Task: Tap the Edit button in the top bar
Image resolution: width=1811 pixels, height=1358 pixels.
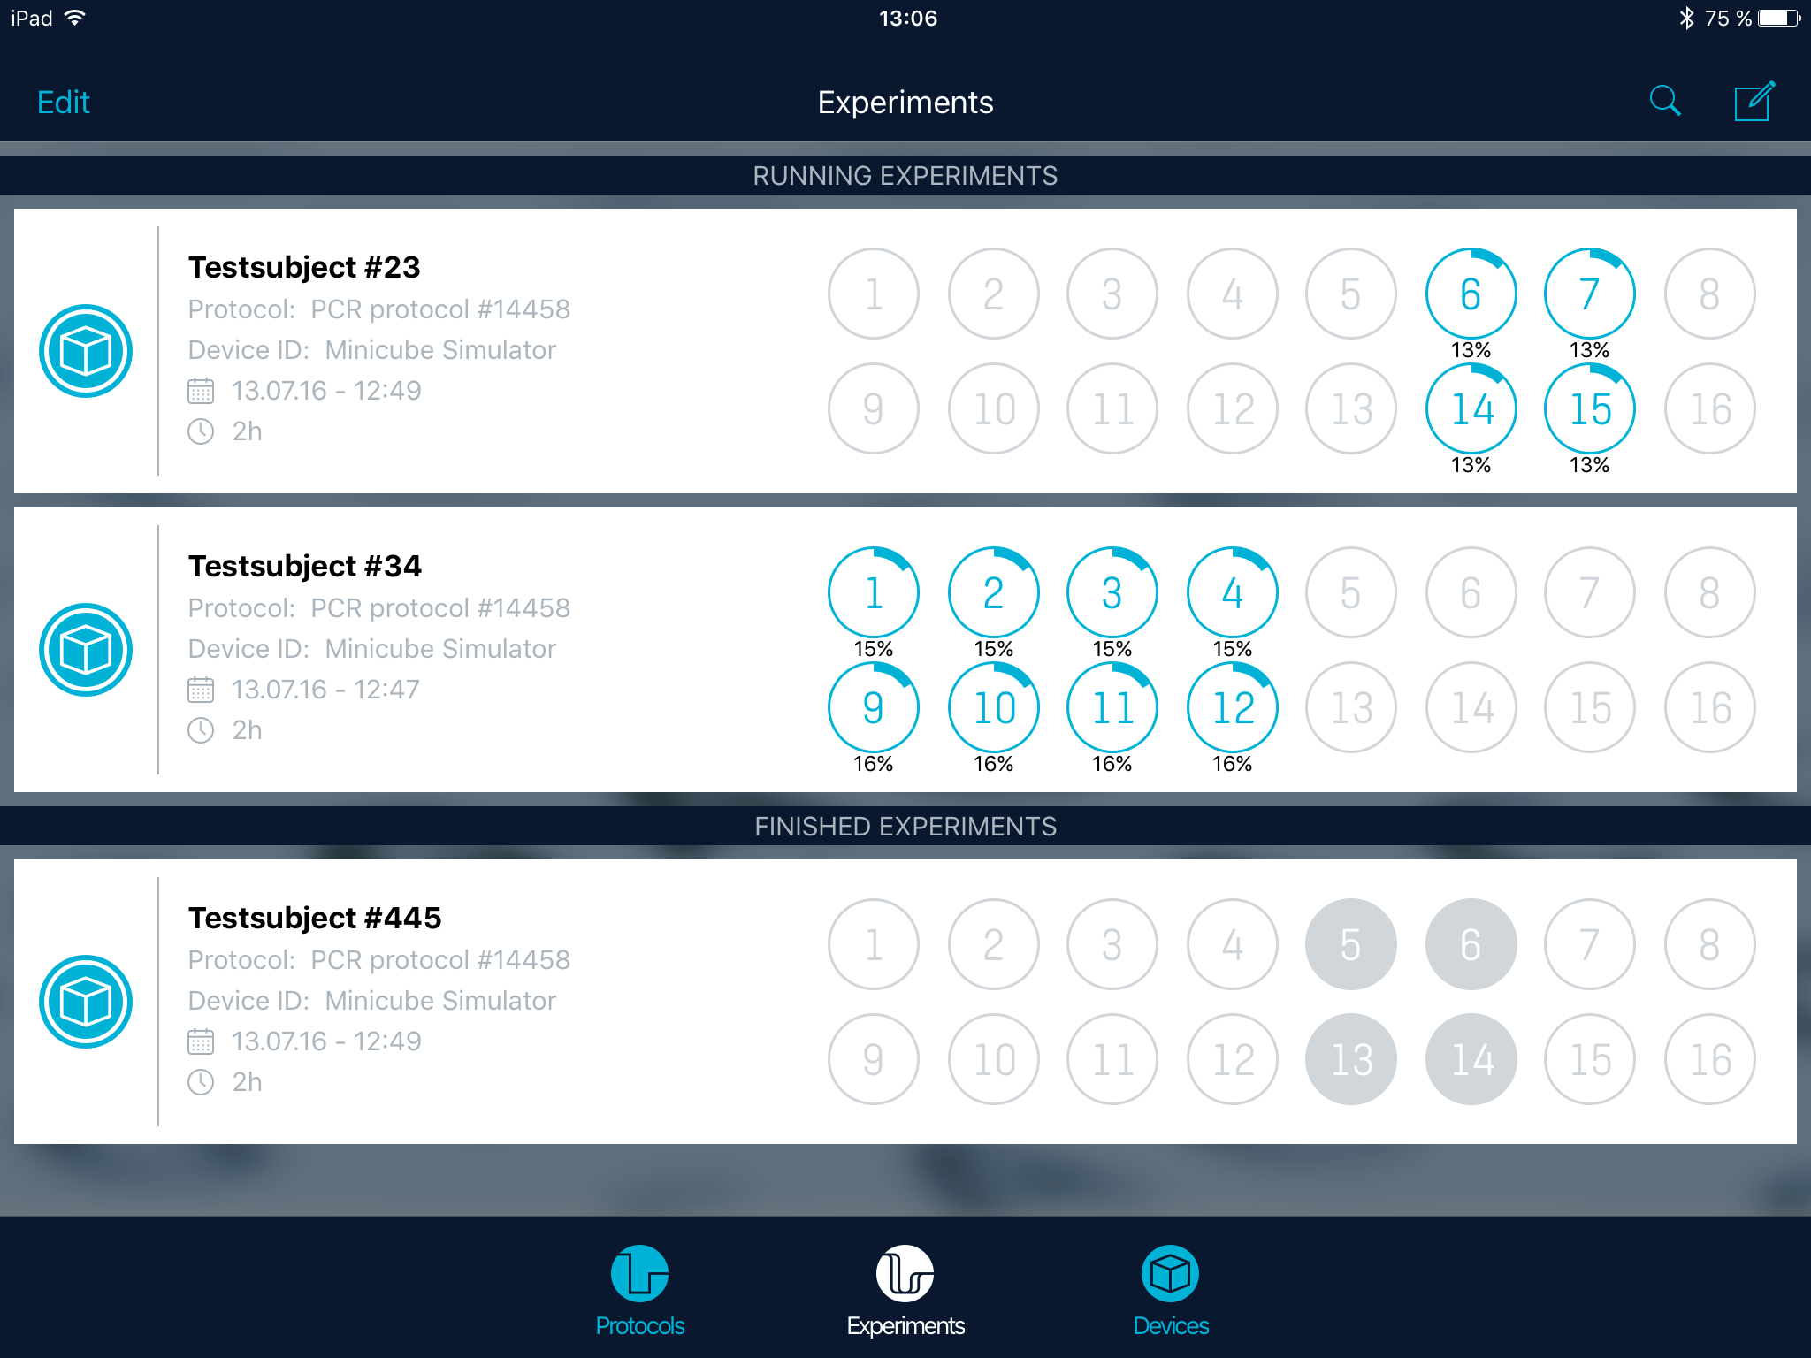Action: pos(63,103)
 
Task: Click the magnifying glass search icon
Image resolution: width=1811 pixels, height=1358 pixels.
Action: pos(1665,101)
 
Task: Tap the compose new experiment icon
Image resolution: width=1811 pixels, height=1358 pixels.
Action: pos(1754,101)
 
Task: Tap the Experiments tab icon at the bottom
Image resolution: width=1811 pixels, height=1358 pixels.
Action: pos(905,1274)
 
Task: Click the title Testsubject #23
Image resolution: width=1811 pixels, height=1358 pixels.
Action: pos(304,267)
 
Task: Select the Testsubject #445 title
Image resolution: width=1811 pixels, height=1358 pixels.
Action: pos(315,918)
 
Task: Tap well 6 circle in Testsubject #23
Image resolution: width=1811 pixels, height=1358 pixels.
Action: pos(1471,294)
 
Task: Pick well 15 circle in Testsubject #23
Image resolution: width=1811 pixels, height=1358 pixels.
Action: pos(1589,408)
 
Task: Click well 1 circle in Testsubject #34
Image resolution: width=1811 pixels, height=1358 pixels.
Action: pos(873,592)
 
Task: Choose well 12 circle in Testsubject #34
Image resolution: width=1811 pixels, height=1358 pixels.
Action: pos(1232,707)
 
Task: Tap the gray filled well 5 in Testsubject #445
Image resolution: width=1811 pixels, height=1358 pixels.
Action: pos(1350,944)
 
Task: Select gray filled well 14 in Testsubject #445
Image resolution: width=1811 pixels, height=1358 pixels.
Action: pos(1471,1059)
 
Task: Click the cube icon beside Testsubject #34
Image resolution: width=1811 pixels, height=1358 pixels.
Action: pos(86,650)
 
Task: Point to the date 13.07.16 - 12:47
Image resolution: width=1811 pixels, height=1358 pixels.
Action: pos(325,690)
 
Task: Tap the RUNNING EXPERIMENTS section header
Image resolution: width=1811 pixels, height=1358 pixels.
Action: pos(905,176)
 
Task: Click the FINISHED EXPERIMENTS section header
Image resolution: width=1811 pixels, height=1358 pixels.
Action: pos(905,827)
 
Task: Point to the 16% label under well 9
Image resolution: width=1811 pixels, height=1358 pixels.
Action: pos(873,764)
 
